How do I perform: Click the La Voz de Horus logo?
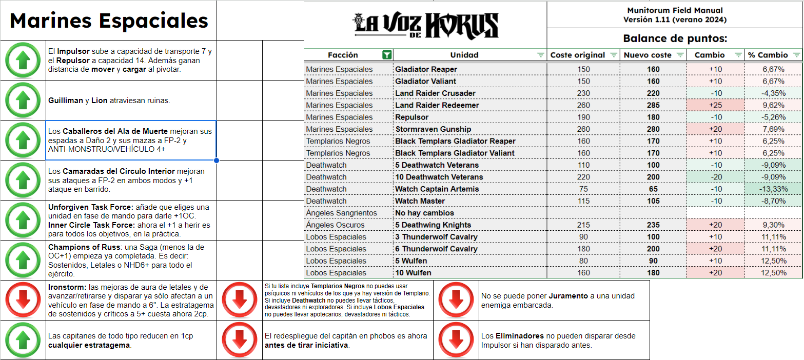tap(425, 24)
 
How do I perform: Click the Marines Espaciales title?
tap(109, 21)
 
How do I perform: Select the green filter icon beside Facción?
tap(387, 55)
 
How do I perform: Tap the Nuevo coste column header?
tap(647, 55)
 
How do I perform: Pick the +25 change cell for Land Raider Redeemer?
tap(715, 105)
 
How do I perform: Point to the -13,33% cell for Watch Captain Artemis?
tap(773, 189)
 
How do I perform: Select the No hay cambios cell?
tap(424, 213)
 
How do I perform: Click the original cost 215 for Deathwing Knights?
tap(584, 225)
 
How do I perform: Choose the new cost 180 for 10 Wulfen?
tap(653, 273)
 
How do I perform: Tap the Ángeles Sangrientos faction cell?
tap(341, 213)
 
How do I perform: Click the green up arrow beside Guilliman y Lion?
tap(23, 101)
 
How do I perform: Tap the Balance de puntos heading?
tap(675, 38)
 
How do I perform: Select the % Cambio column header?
tap(768, 55)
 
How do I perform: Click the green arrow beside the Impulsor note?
tap(23, 61)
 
